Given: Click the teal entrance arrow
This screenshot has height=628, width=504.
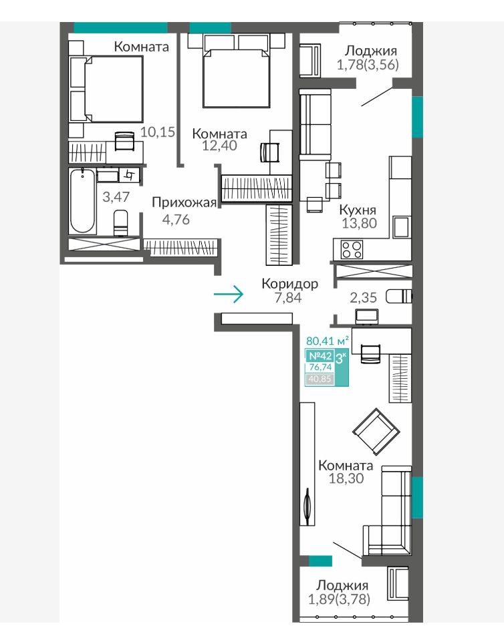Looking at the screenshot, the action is pyautogui.click(x=229, y=295).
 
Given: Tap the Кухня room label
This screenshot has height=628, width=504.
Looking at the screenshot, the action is pyautogui.click(x=358, y=210).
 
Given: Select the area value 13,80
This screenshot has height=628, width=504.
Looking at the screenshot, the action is pyautogui.click(x=360, y=223).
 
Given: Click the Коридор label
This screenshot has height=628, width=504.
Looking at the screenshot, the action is pyautogui.click(x=290, y=284).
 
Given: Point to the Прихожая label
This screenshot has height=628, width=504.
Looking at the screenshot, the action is pyautogui.click(x=184, y=202).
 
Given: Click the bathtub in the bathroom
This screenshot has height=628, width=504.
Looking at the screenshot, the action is pyautogui.click(x=82, y=202).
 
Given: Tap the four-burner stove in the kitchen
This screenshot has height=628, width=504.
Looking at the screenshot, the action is pyautogui.click(x=352, y=249).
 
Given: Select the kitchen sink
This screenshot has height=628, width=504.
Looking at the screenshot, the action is pyautogui.click(x=402, y=227).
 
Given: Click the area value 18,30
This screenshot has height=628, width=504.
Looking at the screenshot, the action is pyautogui.click(x=346, y=478).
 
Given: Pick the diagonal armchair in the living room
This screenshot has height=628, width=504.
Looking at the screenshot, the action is pyautogui.click(x=376, y=432).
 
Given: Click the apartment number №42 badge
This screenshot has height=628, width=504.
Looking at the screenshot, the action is pyautogui.click(x=320, y=355).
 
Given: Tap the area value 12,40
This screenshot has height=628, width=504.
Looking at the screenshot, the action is pyautogui.click(x=219, y=146).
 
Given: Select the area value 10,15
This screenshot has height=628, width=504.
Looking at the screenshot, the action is pyautogui.click(x=158, y=132).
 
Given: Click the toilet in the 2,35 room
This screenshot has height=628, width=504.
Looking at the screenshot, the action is pyautogui.click(x=398, y=297).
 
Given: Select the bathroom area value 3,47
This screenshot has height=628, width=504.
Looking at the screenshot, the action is pyautogui.click(x=116, y=196).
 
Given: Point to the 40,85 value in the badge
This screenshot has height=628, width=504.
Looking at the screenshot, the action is pyautogui.click(x=320, y=379).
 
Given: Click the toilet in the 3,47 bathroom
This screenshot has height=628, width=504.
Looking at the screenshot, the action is pyautogui.click(x=120, y=222).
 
